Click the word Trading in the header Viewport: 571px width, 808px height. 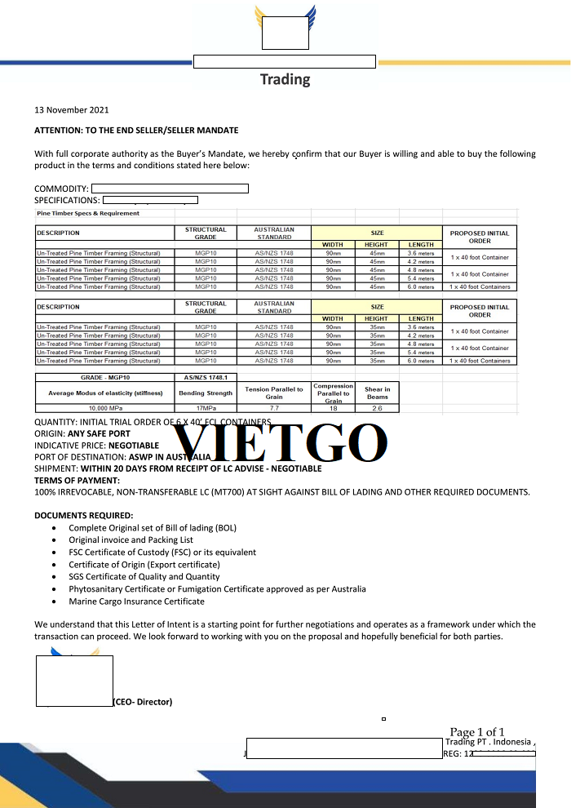point(285,79)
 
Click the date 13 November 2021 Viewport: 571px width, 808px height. point(71,110)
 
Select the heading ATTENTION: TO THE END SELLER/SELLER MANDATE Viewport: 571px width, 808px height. point(136,131)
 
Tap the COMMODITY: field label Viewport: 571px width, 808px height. point(61,189)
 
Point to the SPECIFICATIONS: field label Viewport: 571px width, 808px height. point(67,200)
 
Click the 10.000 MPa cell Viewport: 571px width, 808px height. point(104,408)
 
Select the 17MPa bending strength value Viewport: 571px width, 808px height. point(206,408)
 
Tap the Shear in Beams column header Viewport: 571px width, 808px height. point(377,393)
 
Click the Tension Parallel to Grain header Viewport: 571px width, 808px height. point(273,393)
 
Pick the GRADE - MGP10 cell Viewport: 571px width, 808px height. point(104,377)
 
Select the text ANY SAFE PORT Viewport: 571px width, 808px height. point(100,433)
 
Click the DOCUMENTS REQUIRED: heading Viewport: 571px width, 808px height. point(83,516)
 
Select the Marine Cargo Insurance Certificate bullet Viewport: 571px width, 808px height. point(136,602)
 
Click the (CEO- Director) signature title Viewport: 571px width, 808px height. point(143,702)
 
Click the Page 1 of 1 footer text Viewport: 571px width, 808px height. point(477,732)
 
